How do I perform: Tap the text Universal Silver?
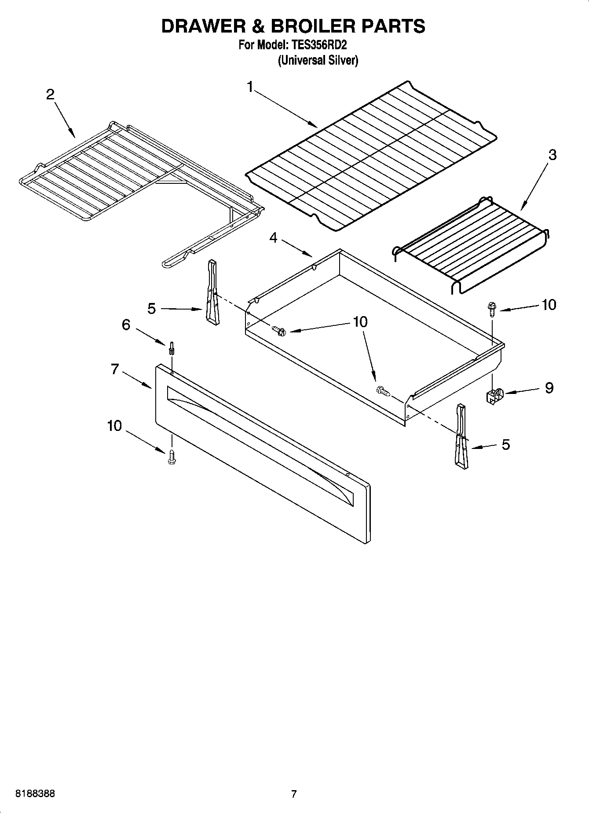click(318, 60)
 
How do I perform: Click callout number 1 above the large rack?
click(250, 87)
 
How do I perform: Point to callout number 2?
click(51, 94)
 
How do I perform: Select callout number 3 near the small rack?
click(552, 155)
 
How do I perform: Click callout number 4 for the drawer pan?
click(274, 238)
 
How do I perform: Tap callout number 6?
click(126, 325)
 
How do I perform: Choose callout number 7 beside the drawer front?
click(115, 369)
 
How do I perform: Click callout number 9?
click(549, 388)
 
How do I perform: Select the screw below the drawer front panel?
click(172, 457)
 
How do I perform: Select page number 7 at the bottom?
click(294, 794)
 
